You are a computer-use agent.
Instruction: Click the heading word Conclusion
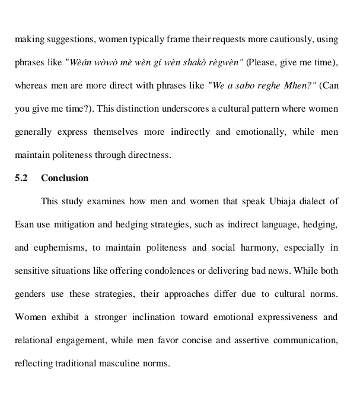tap(65, 178)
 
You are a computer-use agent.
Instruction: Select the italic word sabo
tap(242, 86)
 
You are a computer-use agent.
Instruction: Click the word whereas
tap(33, 86)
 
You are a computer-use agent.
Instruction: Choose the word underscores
tap(189, 109)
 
